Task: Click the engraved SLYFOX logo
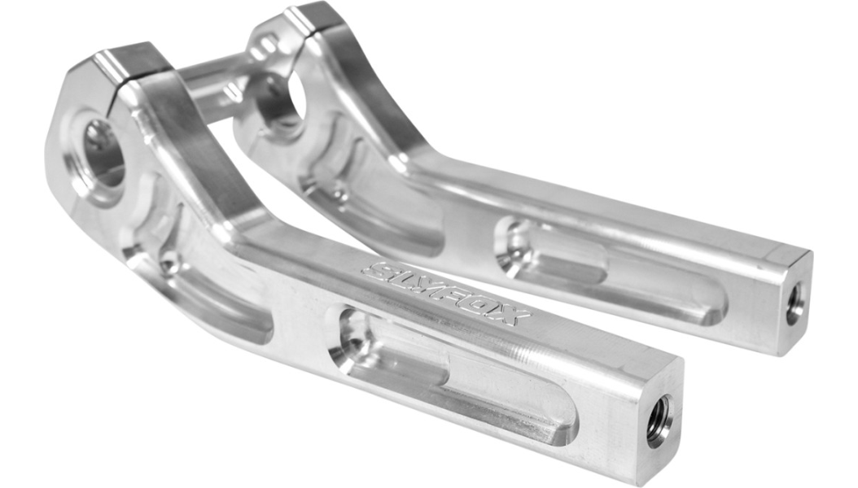(447, 293)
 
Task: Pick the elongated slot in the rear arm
(607, 273)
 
